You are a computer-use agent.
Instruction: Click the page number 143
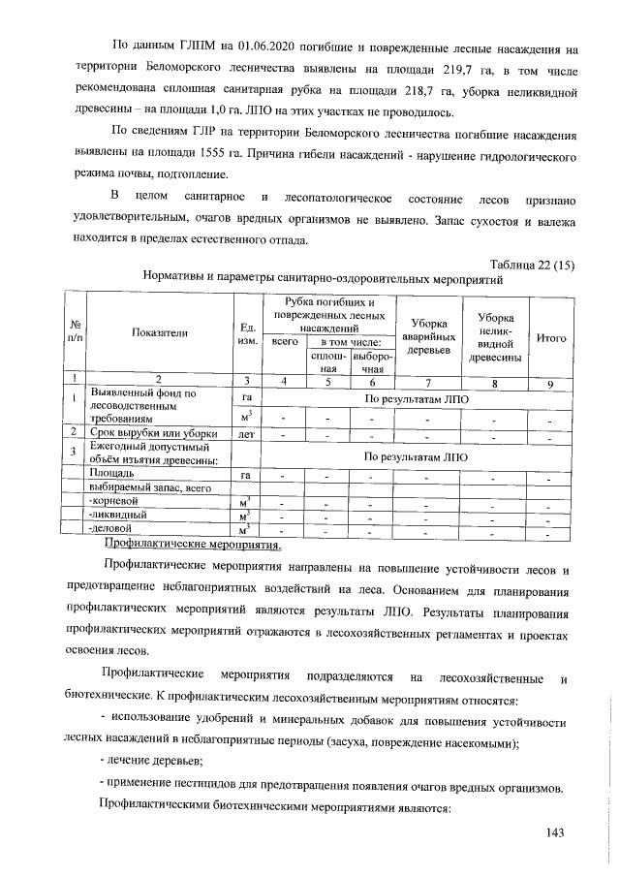click(x=554, y=832)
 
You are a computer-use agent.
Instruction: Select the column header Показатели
click(x=158, y=332)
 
